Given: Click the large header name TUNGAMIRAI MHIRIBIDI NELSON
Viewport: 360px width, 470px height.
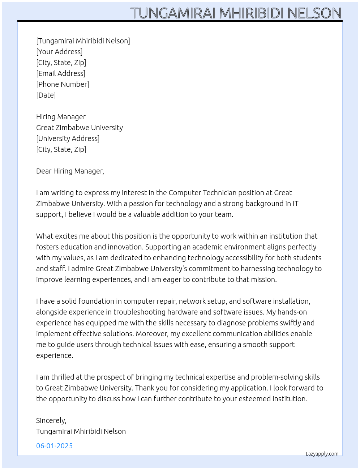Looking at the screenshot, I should pos(236,13).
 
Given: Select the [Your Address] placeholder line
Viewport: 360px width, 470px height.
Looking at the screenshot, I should pos(59,52).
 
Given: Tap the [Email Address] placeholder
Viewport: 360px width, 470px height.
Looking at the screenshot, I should pos(61,73).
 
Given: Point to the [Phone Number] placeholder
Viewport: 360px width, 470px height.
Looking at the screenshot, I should pos(63,84).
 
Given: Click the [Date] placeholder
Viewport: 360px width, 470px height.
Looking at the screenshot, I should pos(46,95).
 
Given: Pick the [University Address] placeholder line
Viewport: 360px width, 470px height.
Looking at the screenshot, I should pos(68,138).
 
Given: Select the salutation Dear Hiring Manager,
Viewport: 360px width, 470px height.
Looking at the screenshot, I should pos(70,171).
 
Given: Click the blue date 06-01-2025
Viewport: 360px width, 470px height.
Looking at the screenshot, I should pos(54,446).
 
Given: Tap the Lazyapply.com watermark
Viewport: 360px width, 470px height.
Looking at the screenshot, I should pos(322,454).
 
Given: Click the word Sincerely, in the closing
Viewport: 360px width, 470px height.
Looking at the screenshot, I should pos(51,420).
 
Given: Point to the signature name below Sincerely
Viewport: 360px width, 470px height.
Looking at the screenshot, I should pos(81,431).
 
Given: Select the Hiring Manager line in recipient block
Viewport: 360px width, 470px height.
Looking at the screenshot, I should pos(61,117).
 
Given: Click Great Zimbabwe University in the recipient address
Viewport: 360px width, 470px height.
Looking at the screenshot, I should pos(80,128).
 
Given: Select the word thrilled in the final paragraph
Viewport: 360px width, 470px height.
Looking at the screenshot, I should pos(63,377).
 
